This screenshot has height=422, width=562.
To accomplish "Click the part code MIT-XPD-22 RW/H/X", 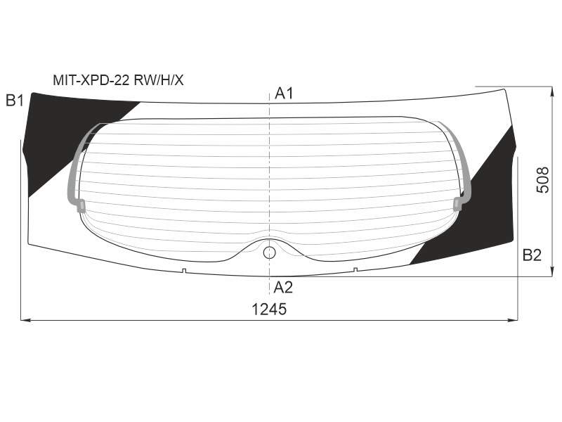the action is tap(118, 80).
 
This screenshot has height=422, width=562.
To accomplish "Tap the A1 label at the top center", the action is tap(284, 94).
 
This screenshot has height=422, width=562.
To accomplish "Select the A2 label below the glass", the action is tap(283, 288).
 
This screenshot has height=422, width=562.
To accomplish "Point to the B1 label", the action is tap(15, 101).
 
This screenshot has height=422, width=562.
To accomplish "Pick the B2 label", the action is tap(532, 255).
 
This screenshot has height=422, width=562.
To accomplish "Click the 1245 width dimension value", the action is tap(269, 309).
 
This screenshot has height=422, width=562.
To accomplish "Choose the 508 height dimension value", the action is tap(542, 180).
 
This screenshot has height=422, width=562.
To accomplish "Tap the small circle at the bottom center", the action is tap(269, 252).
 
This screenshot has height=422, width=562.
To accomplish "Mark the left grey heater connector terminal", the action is tap(80, 205).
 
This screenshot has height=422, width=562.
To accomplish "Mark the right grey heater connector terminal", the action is tap(458, 203).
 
